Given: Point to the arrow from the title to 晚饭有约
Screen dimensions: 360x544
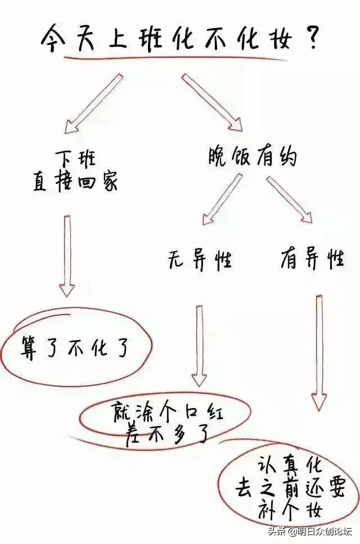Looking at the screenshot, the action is pyautogui.click(x=211, y=102).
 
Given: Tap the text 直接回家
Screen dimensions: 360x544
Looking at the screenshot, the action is pyautogui.click(x=75, y=181).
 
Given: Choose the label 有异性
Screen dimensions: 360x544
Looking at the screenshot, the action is pyautogui.click(x=312, y=258).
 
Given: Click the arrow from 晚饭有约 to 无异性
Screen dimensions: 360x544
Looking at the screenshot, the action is pyautogui.click(x=223, y=200).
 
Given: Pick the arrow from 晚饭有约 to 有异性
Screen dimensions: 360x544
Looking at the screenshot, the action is pyautogui.click(x=289, y=200).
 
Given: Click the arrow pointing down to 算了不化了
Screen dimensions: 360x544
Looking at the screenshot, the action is pyautogui.click(x=67, y=256).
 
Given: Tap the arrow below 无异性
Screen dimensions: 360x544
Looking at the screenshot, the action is pyautogui.click(x=199, y=346).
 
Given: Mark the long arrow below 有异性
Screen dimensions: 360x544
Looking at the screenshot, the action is pyautogui.click(x=319, y=353).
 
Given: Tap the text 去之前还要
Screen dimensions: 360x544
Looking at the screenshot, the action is pyautogui.click(x=290, y=488).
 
